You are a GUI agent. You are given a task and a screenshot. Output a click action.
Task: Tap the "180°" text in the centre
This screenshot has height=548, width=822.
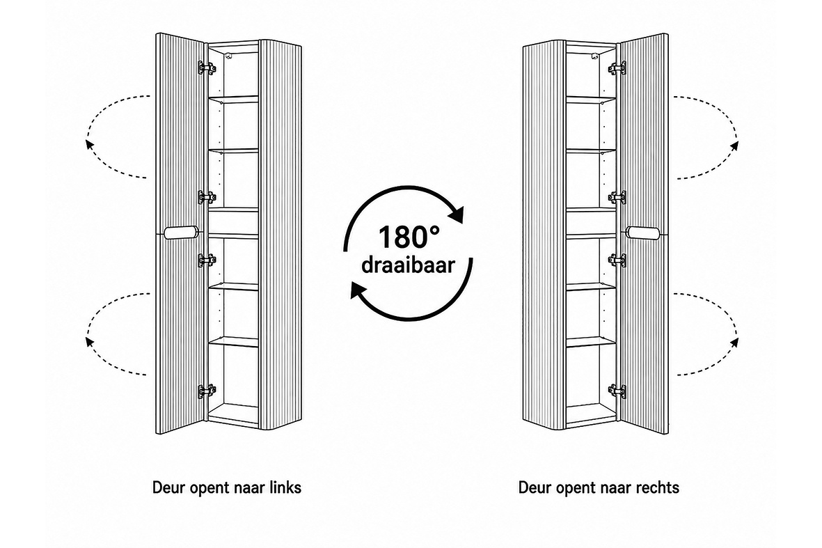pos(409,237)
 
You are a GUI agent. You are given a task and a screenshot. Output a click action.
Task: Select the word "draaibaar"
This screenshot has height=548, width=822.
pos(408,265)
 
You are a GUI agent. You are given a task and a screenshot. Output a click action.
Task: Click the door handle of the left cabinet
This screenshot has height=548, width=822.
pos(181,233)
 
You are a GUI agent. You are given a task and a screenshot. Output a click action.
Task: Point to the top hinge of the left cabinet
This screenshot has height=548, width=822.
pos(207,67)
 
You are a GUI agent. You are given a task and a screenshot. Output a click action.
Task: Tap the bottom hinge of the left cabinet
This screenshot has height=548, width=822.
pos(207,391)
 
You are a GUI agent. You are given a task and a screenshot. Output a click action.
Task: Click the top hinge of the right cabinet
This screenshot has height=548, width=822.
pos(617,67)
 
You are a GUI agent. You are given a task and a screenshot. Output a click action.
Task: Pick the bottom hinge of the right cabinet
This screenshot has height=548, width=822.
pos(617,391)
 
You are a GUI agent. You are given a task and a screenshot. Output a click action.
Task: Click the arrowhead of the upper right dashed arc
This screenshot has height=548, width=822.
pos(734,144)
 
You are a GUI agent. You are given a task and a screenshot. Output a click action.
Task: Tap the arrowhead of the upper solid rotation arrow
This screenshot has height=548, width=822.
pos(457,214)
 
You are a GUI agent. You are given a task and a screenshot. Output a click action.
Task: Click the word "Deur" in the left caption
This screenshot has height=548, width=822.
pos(165,487)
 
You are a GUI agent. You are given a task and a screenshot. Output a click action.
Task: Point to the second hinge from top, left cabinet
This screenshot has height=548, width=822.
pos(207,197)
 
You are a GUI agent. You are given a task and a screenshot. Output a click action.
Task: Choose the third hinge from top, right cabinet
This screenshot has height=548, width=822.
pos(617,260)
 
